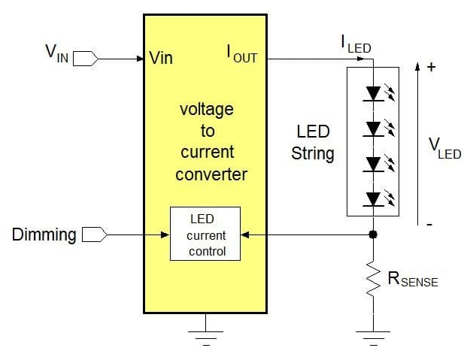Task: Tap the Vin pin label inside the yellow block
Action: click(165, 58)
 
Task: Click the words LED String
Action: click(314, 143)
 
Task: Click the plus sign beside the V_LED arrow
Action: click(431, 66)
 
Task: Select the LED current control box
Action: click(205, 234)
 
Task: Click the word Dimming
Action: click(44, 235)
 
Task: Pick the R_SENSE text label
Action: click(412, 280)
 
